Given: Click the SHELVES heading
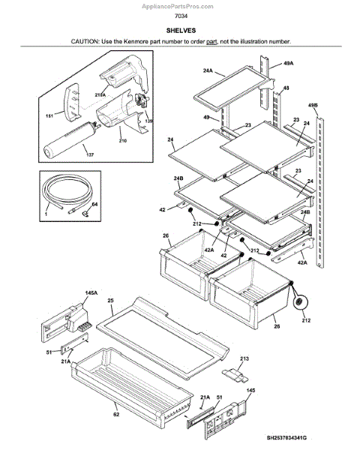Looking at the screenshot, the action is tap(181, 31).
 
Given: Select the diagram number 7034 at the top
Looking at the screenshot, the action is tap(181, 16).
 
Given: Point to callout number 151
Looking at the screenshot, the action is tap(49, 116).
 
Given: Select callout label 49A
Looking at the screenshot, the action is tap(288, 63).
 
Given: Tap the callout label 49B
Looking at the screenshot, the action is tap(313, 105).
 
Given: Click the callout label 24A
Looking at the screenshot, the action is tap(208, 70).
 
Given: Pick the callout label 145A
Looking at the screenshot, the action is tap(91, 293).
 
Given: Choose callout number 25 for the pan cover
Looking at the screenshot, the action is tap(110, 301).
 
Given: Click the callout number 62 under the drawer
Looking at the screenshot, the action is tap(116, 415).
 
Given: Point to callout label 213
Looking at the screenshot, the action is tap(244, 358).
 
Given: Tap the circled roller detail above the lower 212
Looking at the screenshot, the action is tap(299, 302).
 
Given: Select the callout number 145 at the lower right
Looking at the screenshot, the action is tap(250, 390).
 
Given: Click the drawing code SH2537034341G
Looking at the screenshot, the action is tap(286, 438).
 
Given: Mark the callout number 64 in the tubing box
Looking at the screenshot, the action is tap(94, 204).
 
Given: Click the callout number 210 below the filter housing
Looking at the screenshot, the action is tap(122, 141).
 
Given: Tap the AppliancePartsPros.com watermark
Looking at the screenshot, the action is tap(178, 6).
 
